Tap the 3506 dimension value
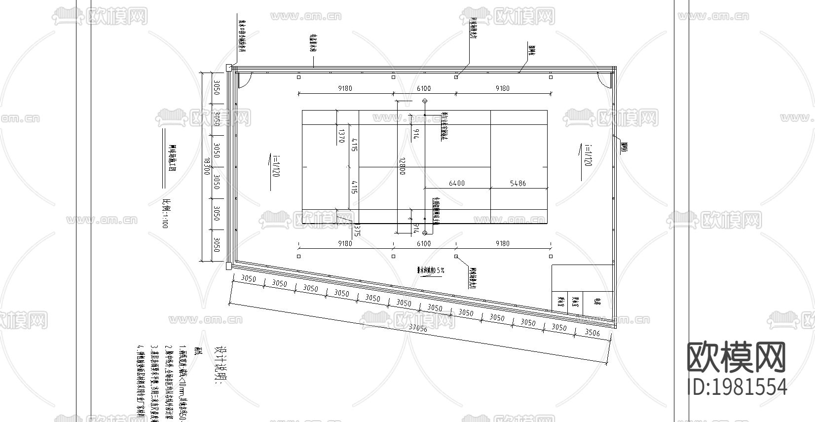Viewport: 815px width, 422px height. [592, 333]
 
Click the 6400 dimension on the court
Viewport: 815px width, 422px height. [456, 183]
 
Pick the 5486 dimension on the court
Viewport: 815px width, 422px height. [518, 183]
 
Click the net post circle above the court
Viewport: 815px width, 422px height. [425, 101]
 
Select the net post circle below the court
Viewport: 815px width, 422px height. [425, 232]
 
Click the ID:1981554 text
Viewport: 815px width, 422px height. [737, 386]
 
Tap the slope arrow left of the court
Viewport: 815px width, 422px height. [270, 171]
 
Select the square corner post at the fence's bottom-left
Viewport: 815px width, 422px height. [228, 266]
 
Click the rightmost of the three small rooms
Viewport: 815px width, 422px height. [597, 303]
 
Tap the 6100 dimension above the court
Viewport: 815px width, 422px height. [424, 88]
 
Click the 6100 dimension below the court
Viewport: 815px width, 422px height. [424, 243]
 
